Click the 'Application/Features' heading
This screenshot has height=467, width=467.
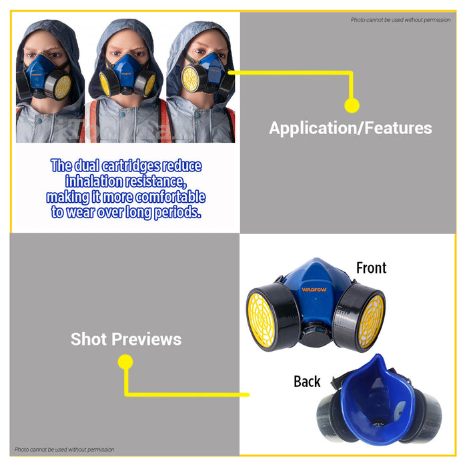[x=350, y=128]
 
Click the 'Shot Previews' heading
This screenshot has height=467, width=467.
[x=126, y=339]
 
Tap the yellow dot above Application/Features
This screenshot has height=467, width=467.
[x=352, y=105]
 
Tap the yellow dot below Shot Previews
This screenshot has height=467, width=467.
[x=125, y=362]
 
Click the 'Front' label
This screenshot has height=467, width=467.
[x=371, y=268]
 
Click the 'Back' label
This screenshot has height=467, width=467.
[x=307, y=382]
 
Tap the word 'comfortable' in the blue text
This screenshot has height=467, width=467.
[x=169, y=197]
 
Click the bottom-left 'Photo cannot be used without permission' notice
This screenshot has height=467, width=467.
[x=65, y=450]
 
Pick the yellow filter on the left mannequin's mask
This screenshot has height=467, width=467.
[x=61, y=86]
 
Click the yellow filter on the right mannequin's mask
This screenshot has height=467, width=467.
[x=191, y=78]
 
